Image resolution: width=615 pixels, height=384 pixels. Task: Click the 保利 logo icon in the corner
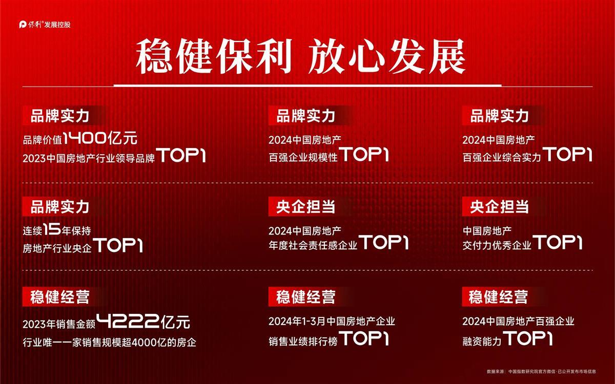pos(23,25)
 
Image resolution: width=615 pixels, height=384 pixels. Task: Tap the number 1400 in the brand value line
pos(85,138)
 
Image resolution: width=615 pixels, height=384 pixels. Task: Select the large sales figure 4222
pos(128,321)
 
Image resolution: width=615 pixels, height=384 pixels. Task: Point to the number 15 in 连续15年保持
pos(52,229)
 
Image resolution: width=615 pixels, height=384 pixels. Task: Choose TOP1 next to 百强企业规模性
pos(364,154)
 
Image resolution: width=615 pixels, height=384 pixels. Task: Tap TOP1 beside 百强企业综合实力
pos(567,154)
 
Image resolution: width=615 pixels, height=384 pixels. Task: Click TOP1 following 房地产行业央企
pos(118,245)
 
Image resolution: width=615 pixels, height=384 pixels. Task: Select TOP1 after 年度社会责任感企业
pos(384,242)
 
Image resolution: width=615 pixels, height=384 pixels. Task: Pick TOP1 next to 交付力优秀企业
pos(558,242)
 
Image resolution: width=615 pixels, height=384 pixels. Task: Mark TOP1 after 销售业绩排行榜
pos(364,338)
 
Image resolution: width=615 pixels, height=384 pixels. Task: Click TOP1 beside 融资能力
pos(528,338)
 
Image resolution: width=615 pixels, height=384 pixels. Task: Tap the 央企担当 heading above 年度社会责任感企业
pos(305,206)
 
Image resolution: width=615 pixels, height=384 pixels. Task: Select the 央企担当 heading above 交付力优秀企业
pos(499,206)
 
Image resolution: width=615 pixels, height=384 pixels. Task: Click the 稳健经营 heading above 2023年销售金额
pos(60,297)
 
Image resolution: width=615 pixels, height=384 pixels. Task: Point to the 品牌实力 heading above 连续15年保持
pos(60,206)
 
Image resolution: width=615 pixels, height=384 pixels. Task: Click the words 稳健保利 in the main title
pos(214,56)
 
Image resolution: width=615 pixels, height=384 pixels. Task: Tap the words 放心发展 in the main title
pos(386,56)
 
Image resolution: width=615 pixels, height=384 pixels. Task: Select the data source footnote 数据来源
pos(541,371)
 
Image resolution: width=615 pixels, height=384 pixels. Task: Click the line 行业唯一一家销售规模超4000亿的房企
pos(110,343)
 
